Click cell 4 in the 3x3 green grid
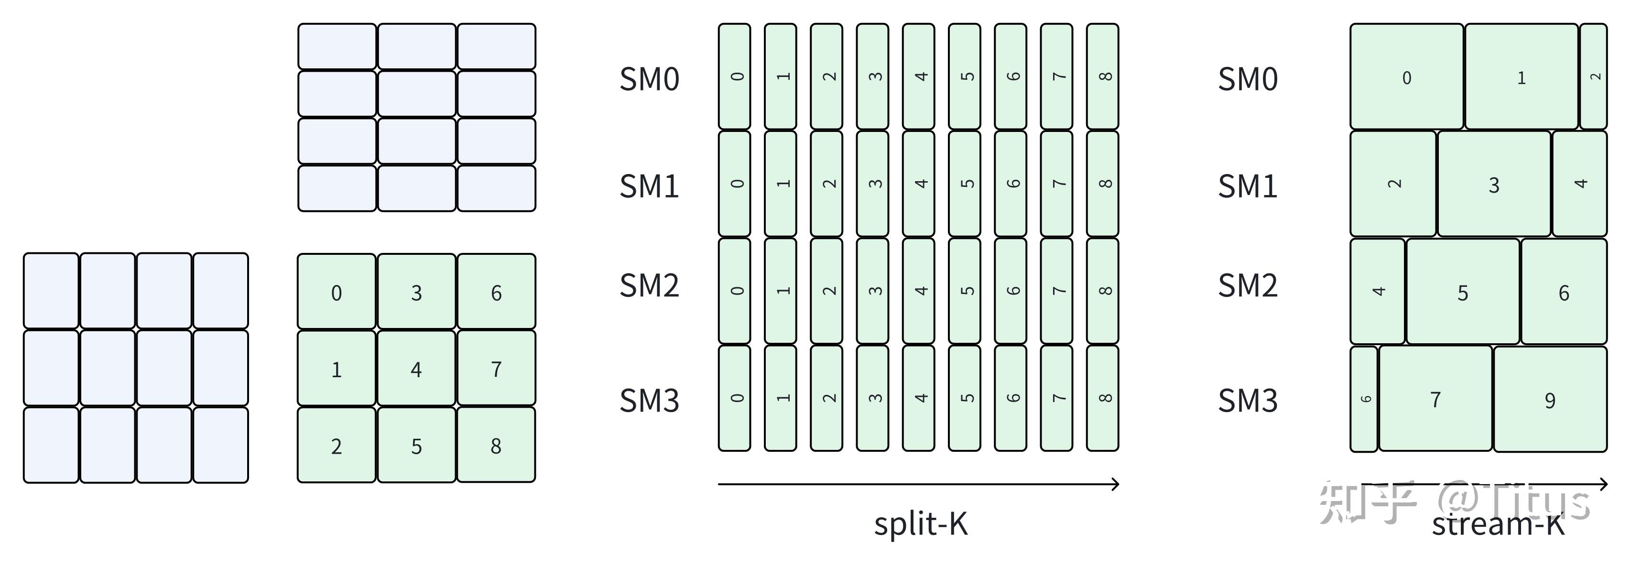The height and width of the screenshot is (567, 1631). [416, 369]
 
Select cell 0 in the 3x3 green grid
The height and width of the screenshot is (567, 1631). [336, 292]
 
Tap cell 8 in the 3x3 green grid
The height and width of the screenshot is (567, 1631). [496, 446]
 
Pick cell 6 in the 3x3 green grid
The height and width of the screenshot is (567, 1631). [496, 292]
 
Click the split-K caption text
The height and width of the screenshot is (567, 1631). [921, 524]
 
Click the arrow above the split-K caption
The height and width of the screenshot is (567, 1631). [918, 485]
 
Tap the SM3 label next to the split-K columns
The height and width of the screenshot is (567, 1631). [649, 400]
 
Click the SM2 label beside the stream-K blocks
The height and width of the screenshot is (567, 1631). [1247, 286]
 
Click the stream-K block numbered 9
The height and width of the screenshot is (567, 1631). [1550, 400]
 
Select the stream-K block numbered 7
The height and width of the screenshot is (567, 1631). [1435, 399]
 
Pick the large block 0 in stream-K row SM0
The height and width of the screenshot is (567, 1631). [1406, 77]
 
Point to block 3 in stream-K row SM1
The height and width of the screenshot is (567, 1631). [1494, 185]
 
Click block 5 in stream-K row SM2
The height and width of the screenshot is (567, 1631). [1463, 292]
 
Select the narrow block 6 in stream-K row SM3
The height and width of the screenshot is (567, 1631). [1364, 399]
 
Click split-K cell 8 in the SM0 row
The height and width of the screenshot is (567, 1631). [1102, 76]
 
